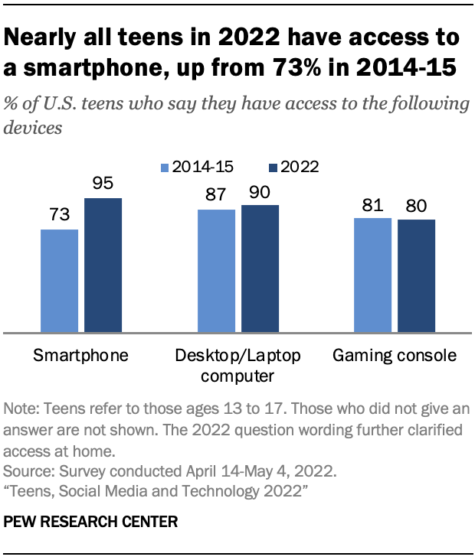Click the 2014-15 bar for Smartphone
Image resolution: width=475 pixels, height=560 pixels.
59,281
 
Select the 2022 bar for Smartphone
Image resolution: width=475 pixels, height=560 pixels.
103,265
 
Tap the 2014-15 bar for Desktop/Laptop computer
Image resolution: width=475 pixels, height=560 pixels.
216,271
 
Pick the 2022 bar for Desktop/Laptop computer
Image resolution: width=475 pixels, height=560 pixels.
260,269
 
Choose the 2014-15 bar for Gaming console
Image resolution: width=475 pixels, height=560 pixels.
372,275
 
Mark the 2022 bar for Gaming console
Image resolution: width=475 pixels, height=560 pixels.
416,276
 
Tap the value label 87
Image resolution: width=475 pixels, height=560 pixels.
216,197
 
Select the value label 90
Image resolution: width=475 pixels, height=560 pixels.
260,193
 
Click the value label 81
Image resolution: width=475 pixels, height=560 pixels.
372,206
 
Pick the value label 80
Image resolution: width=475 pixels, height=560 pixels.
416,207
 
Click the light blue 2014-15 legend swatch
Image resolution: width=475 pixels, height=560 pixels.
165,167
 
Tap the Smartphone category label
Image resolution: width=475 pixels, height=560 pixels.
80,356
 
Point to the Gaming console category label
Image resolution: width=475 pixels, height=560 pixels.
394,356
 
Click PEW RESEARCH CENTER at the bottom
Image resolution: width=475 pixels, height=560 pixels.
91,523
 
